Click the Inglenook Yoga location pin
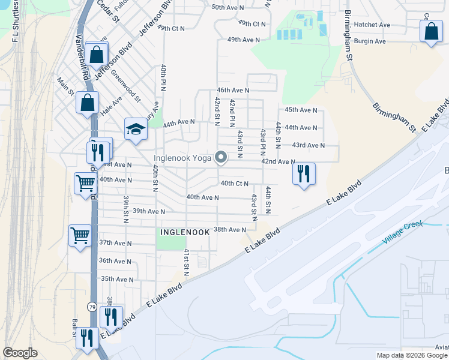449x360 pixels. (221, 158)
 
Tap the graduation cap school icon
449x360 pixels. (136, 129)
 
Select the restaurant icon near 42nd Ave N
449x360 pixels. (303, 174)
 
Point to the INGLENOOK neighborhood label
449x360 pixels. (184, 231)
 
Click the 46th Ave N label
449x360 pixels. (233, 90)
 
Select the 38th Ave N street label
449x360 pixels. (230, 229)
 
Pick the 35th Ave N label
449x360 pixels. (117, 279)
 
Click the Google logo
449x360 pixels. (21, 353)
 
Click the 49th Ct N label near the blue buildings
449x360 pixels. (252, 23)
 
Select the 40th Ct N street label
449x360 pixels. (235, 183)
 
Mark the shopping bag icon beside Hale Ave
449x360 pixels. (87, 103)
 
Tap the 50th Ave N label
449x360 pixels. (227, 7)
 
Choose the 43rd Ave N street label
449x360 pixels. (308, 145)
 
